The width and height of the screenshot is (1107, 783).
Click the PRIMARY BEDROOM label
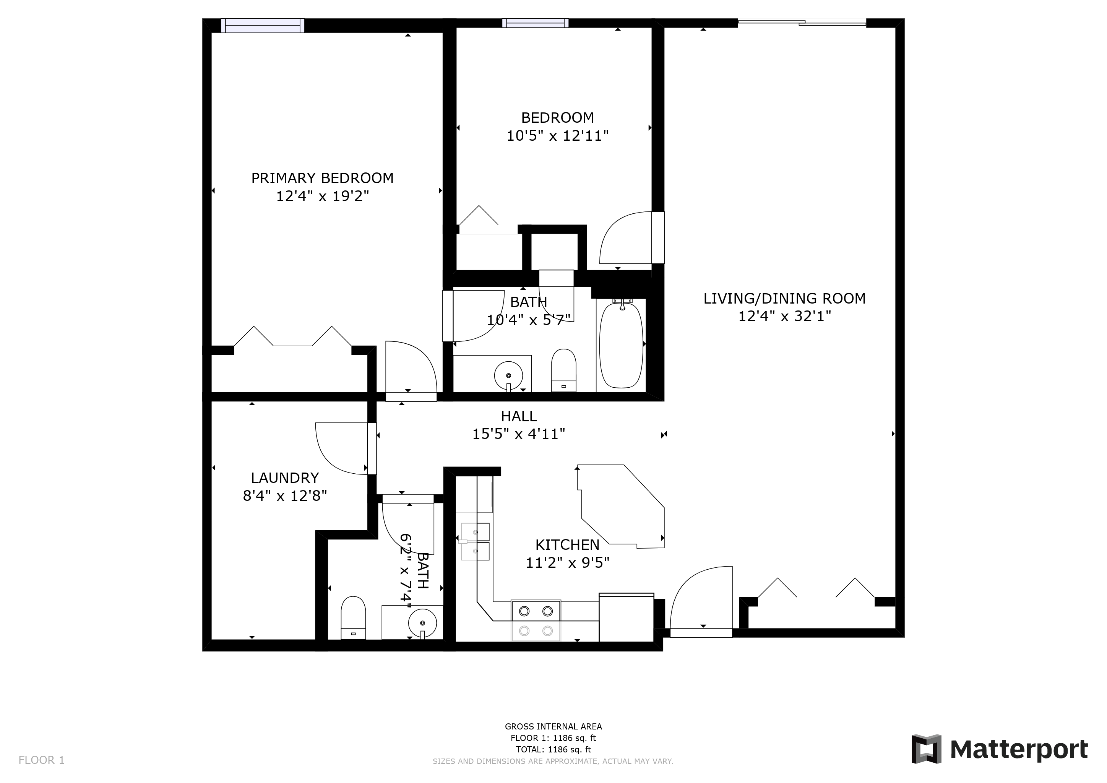coord(322,179)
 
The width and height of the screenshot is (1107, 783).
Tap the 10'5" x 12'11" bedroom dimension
coord(557,136)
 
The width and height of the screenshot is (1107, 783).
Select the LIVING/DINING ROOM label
coord(784,299)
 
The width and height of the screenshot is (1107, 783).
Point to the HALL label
coord(519,416)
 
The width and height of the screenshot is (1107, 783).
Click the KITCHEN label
coord(568,545)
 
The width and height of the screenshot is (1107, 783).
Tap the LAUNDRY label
coord(285,478)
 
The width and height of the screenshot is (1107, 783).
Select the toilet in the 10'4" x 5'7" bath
coord(563,370)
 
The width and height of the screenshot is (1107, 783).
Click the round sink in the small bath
coord(423,623)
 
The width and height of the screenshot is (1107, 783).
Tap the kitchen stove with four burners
coord(536,621)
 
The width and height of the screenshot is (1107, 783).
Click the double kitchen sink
coord(475,542)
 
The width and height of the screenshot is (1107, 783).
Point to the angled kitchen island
coord(621,506)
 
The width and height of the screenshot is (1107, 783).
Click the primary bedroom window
coord(263,26)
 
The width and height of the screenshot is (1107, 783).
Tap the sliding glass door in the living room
coord(802,22)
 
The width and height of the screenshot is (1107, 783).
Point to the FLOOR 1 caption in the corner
coord(41,760)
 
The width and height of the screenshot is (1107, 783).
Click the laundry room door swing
coord(341,448)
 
